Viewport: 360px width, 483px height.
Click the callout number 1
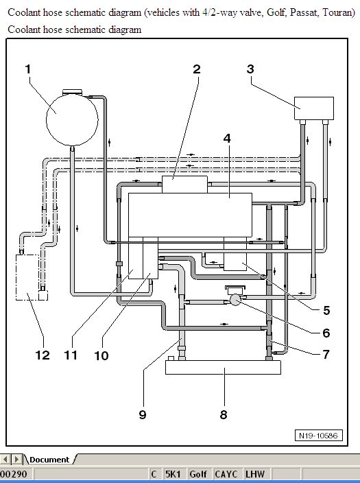click(28, 69)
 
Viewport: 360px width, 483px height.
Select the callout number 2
click(197, 69)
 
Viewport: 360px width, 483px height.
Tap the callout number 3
click(250, 69)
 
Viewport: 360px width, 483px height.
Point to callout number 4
click(227, 139)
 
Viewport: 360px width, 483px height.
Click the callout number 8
click(224, 414)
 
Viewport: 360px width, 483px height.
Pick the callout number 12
click(43, 355)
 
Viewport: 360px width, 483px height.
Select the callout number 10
click(101, 355)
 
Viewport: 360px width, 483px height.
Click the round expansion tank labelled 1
click(72, 120)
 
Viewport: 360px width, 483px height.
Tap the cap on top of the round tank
click(73, 92)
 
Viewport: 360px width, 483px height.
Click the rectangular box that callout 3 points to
click(314, 108)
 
